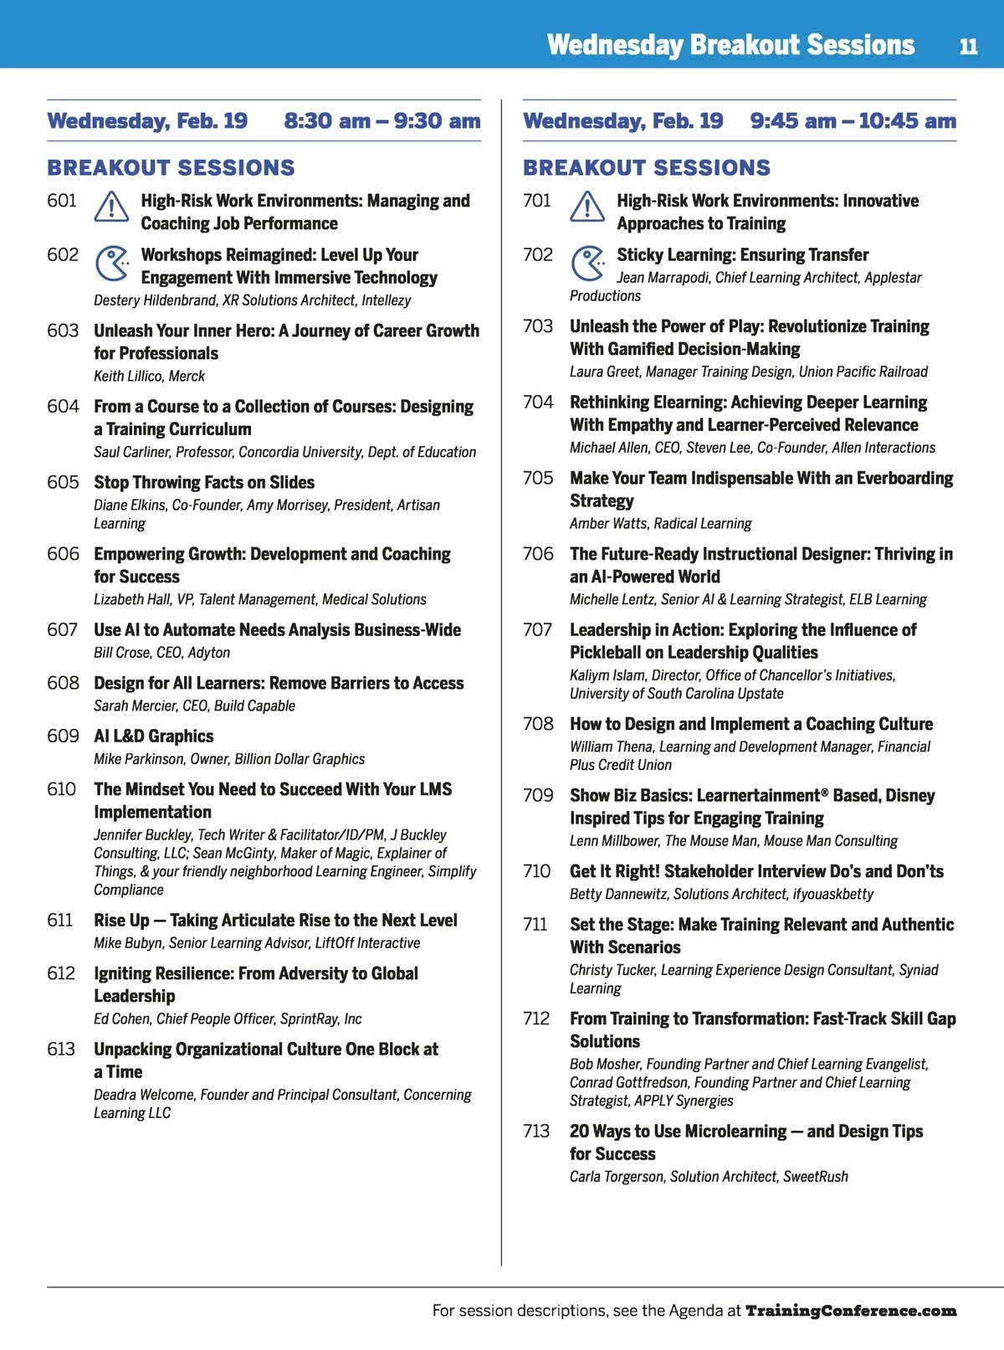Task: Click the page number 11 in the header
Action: (968, 46)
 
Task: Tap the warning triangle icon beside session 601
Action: (111, 207)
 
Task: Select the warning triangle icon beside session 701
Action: (587, 207)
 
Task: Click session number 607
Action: (63, 630)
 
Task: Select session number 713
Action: (536, 1132)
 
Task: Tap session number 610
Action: (62, 789)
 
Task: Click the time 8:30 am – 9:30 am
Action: (382, 121)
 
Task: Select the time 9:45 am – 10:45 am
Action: (853, 121)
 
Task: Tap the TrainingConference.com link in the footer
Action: (851, 1311)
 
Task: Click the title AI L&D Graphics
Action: (154, 737)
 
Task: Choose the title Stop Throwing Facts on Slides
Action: (204, 483)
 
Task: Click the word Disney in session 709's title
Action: (910, 796)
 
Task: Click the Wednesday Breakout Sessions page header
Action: (730, 45)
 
